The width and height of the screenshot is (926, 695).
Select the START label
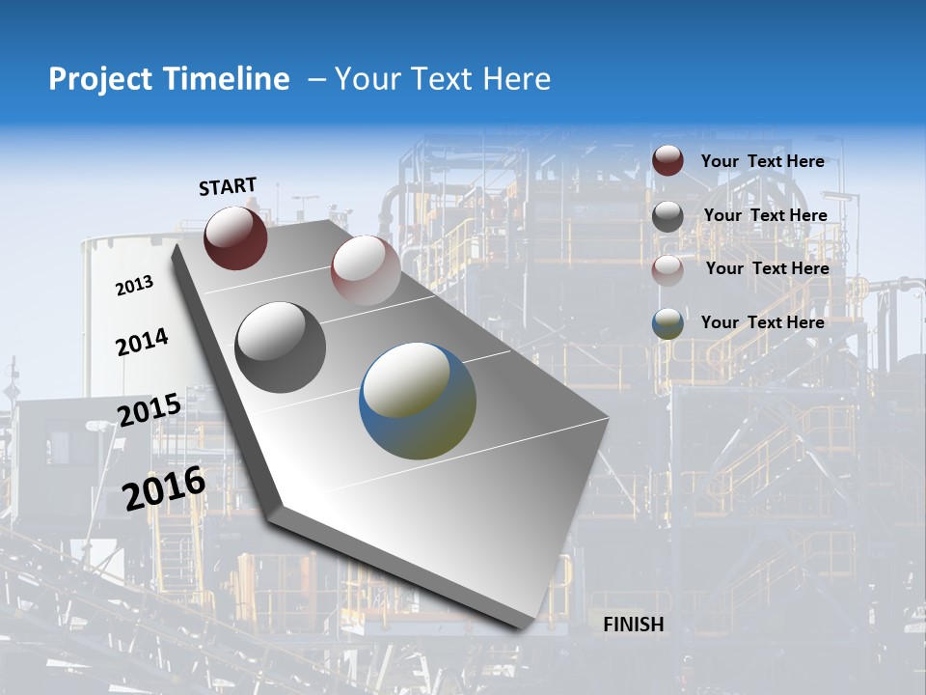pyautogui.click(x=228, y=186)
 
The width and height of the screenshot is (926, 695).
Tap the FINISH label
pyautogui.click(x=634, y=625)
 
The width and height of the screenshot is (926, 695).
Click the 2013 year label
pyautogui.click(x=134, y=286)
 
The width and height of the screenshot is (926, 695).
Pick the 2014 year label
pyautogui.click(x=142, y=343)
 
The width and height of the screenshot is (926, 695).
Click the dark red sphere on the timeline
pyautogui.click(x=235, y=237)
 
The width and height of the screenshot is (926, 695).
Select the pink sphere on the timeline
pyautogui.click(x=365, y=269)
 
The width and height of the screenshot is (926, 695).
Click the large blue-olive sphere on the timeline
pyautogui.click(x=418, y=401)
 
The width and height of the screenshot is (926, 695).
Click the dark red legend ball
pyautogui.click(x=667, y=160)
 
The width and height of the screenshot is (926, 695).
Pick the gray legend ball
pyautogui.click(x=667, y=216)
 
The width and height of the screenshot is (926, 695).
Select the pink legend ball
pyautogui.click(x=667, y=270)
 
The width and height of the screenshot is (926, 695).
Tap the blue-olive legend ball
pyautogui.click(x=667, y=323)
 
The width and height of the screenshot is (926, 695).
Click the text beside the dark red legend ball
pyautogui.click(x=762, y=161)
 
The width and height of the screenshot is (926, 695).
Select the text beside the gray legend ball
pyautogui.click(x=765, y=215)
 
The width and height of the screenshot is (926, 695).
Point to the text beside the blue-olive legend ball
pyautogui.click(x=762, y=322)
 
